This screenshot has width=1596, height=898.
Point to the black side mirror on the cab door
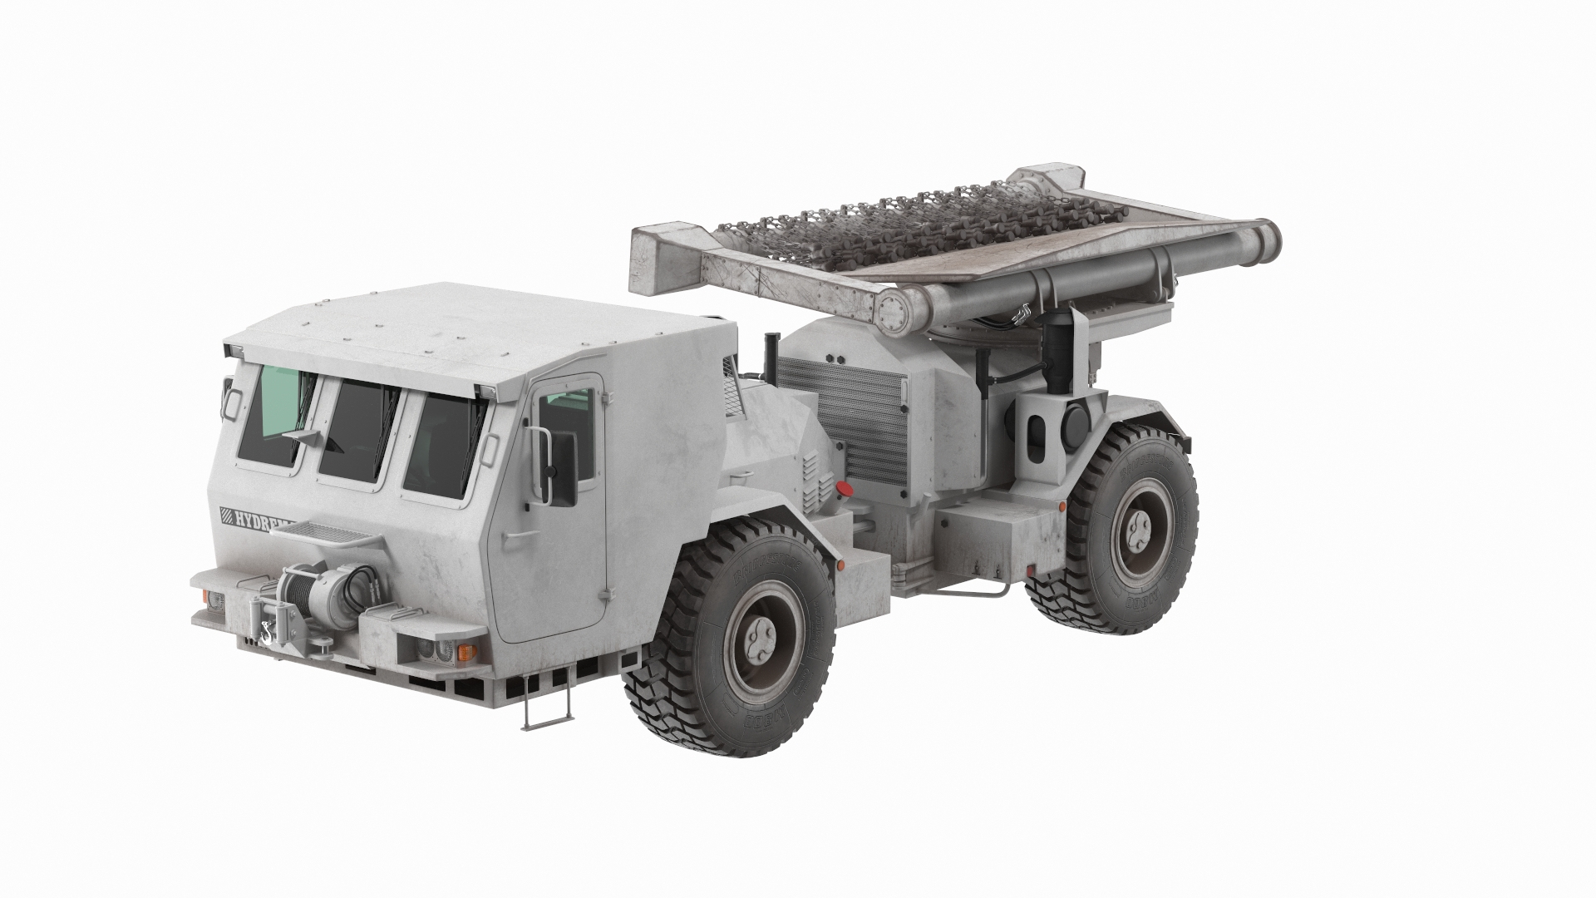pyautogui.click(x=563, y=468)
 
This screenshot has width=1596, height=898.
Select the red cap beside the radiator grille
pyautogui.click(x=844, y=489)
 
